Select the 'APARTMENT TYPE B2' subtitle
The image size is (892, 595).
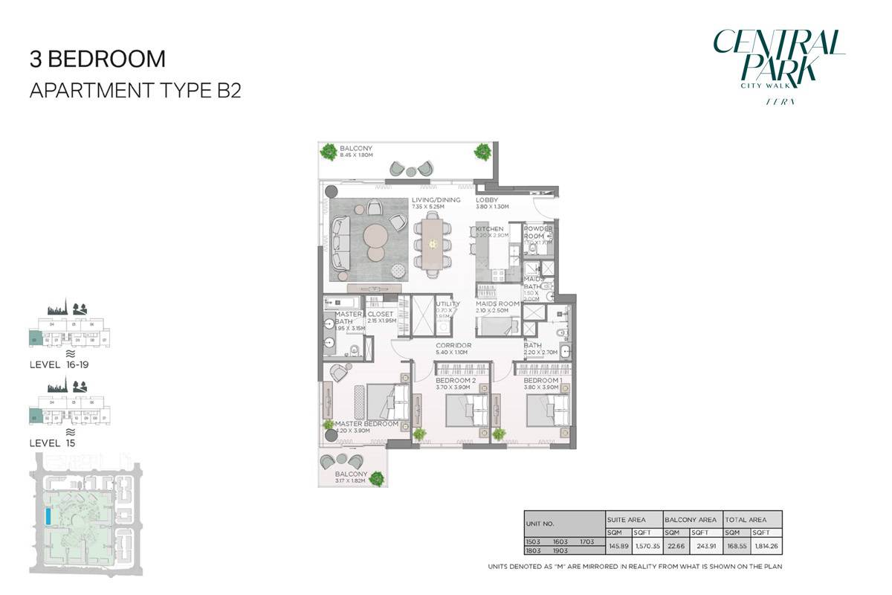[x=135, y=91]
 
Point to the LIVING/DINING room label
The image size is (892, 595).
[x=436, y=200]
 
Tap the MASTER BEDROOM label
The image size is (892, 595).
[x=366, y=424]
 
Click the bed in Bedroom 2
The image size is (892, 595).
[x=468, y=408]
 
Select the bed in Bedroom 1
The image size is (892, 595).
[x=549, y=408]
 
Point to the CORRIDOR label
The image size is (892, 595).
[x=454, y=346]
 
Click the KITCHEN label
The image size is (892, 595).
[x=490, y=229]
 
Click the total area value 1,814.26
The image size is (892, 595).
[x=765, y=547]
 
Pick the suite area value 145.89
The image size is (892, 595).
[x=618, y=547]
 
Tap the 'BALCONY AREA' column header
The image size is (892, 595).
[x=692, y=519]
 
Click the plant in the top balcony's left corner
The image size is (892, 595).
[x=328, y=152]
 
